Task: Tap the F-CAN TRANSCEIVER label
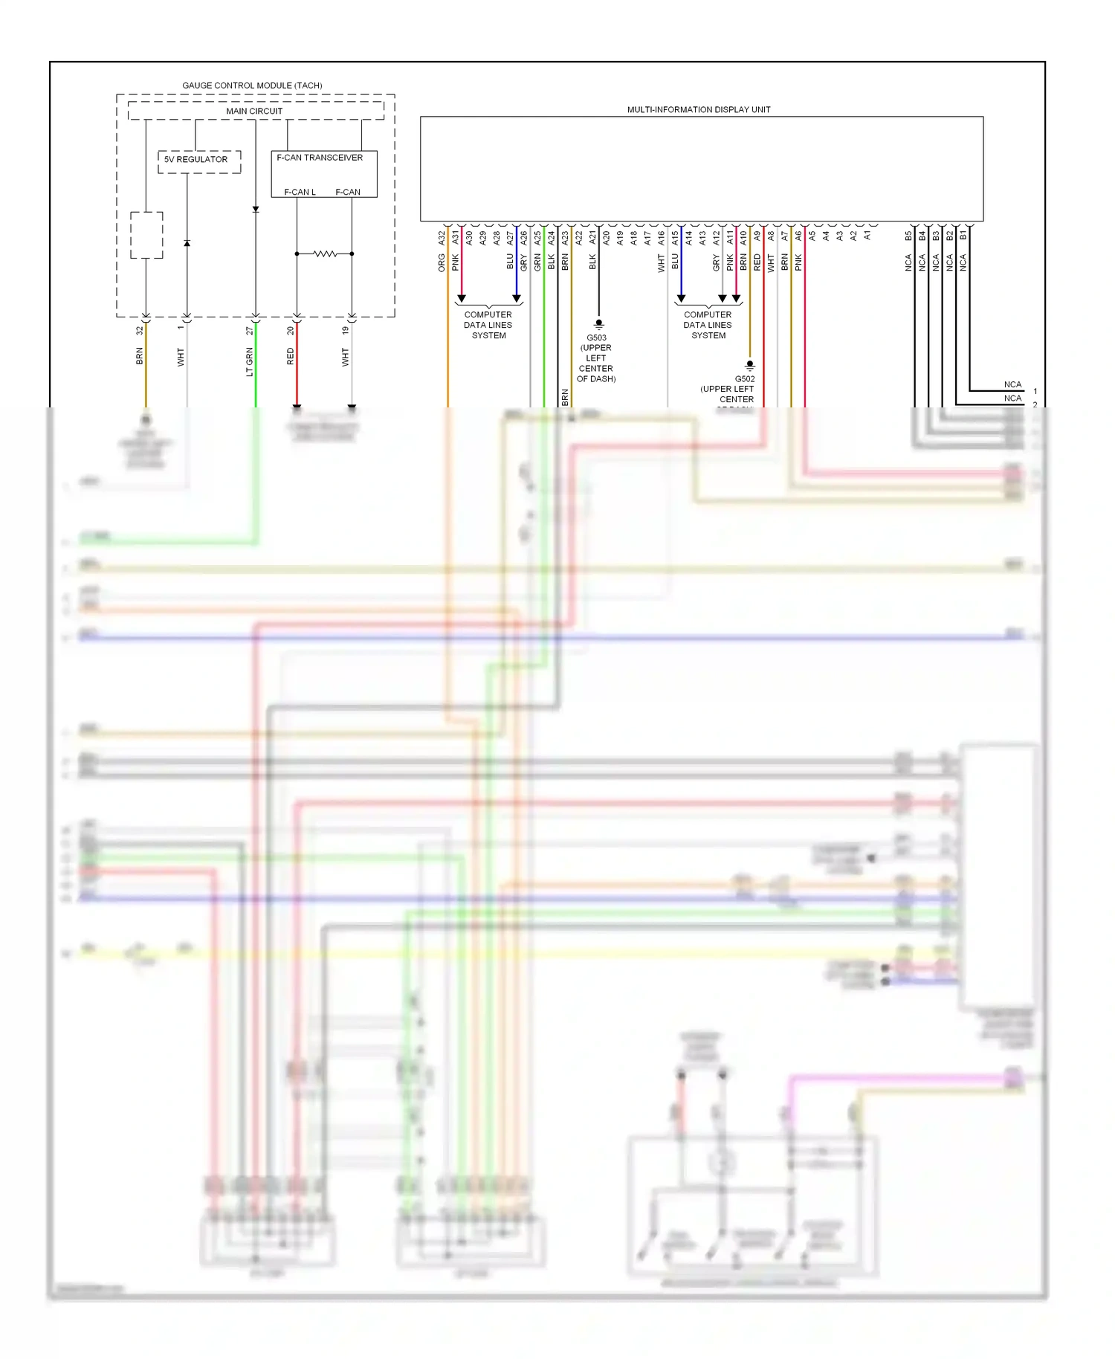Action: coord(320,158)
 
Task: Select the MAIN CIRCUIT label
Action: coord(254,111)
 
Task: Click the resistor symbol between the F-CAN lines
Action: coord(325,254)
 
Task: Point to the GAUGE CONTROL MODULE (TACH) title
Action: coord(252,85)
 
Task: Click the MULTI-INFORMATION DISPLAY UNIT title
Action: coord(698,109)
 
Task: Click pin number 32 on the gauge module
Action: coord(139,330)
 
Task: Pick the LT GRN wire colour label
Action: coord(250,362)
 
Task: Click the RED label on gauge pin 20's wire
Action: coord(291,356)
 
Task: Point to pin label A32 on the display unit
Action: coord(442,238)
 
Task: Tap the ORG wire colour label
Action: coord(442,262)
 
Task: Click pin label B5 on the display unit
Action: coord(908,236)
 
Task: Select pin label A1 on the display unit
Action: coord(867,236)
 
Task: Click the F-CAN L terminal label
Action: coord(300,192)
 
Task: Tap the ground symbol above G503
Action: coord(598,324)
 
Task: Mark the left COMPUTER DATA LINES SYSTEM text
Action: coord(488,325)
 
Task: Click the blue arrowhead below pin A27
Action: coord(517,298)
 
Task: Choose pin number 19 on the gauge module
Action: coord(345,330)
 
